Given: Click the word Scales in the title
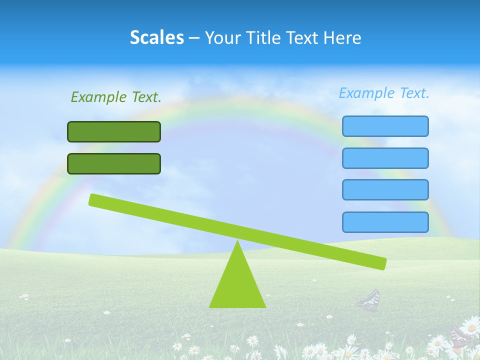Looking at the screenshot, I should (x=156, y=37).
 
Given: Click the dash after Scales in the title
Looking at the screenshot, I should (x=194, y=38).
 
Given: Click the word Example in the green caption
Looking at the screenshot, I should (x=98, y=97).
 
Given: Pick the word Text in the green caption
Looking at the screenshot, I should (x=146, y=97).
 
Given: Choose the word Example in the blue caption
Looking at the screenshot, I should (x=366, y=93).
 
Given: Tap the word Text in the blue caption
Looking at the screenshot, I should (x=414, y=93).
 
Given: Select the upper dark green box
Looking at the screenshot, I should (x=114, y=131).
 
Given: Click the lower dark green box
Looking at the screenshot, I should (x=114, y=163).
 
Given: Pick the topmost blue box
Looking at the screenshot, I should (x=385, y=126).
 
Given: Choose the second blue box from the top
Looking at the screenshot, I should (x=385, y=158).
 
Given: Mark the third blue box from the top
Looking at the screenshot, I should (x=385, y=190).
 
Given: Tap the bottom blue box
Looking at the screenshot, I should (x=385, y=222).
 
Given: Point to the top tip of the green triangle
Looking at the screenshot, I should (x=237, y=242).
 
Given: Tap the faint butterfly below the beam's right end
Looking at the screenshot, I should (x=369, y=300).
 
